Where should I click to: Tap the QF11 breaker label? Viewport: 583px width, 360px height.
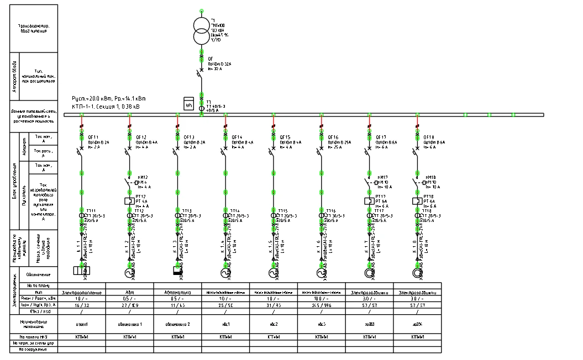(x=92, y=137)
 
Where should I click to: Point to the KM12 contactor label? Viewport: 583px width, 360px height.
(x=143, y=177)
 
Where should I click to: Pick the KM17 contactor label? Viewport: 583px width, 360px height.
(x=381, y=177)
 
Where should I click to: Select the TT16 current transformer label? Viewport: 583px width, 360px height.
(x=329, y=211)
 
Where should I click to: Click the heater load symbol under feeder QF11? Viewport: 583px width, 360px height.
(x=81, y=271)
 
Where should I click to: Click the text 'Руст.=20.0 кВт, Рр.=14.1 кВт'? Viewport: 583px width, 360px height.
(x=108, y=98)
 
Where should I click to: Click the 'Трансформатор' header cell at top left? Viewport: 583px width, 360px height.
(x=33, y=28)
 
